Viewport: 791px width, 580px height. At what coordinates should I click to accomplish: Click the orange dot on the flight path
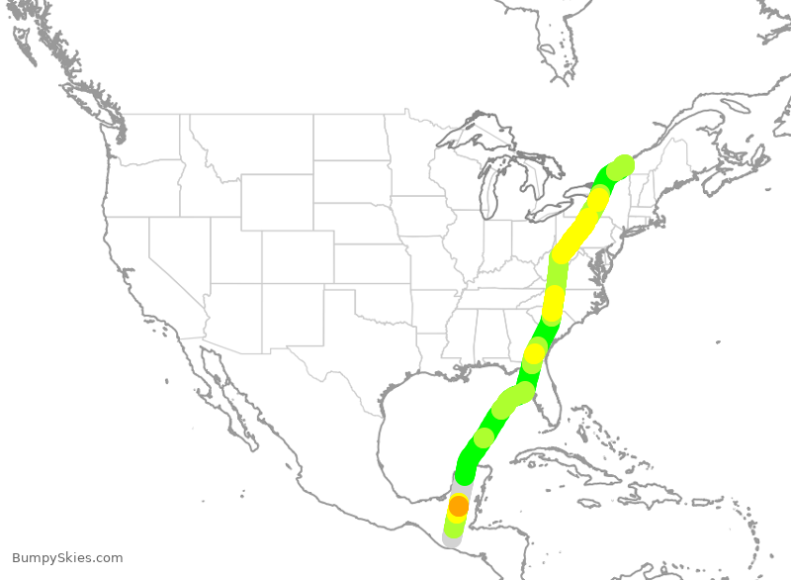[x=459, y=506]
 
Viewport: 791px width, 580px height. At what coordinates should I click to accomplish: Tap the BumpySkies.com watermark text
[x=67, y=558]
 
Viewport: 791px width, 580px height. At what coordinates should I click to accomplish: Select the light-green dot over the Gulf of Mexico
[x=483, y=437]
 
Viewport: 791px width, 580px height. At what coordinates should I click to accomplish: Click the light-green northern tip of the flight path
[x=623, y=164]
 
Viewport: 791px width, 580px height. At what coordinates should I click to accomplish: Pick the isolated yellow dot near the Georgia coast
[x=534, y=352]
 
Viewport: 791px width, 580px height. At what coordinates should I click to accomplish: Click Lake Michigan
[x=485, y=193]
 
